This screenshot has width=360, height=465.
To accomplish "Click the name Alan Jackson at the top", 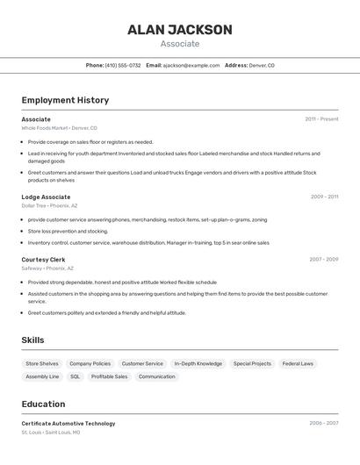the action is [180, 30].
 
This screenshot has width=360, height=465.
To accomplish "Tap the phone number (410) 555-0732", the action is [123, 66].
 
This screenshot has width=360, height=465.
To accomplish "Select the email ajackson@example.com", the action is [191, 66].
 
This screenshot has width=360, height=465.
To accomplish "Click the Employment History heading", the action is [65, 101].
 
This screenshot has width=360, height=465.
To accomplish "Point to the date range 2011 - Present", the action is [321, 119].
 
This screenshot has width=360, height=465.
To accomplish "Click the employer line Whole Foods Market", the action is [59, 128].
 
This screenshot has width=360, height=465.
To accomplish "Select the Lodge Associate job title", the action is [46, 197].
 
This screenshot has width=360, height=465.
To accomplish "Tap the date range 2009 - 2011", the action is [324, 197].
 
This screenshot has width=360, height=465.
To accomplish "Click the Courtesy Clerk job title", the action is [43, 260].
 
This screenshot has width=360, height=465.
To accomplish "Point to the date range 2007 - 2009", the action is [323, 260].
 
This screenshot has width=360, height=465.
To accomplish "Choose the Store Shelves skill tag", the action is [42, 363].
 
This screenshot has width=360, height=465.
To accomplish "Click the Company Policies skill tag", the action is [90, 363].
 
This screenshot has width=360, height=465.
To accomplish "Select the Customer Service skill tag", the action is [142, 363].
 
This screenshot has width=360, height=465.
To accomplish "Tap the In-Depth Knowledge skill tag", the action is [198, 363].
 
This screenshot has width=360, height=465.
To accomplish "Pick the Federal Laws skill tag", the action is [298, 363].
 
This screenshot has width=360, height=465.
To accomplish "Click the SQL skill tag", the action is [75, 376].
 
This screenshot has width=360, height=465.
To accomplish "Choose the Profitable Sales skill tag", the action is [109, 376].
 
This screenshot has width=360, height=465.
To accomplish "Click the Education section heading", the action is [43, 404].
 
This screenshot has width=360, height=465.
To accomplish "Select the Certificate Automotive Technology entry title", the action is [68, 424].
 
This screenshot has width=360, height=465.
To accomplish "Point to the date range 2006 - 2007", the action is [323, 423].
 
